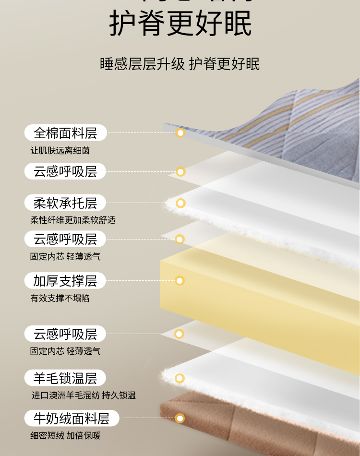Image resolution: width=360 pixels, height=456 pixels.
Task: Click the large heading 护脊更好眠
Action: tap(180, 23)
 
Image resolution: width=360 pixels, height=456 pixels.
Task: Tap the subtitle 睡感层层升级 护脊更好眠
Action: tap(180, 64)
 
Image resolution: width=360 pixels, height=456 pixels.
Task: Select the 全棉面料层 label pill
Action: tap(65, 133)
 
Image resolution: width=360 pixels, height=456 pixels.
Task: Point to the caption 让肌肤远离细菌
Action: tap(60, 151)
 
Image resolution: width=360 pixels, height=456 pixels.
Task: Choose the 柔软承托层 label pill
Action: tap(65, 203)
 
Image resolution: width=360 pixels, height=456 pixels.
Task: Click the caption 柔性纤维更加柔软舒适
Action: tap(73, 220)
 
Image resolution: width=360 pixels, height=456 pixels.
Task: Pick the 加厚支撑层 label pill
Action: tap(65, 281)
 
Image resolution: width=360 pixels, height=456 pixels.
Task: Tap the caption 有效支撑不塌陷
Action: tap(60, 299)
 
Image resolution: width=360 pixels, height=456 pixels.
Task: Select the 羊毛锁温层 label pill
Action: tap(65, 378)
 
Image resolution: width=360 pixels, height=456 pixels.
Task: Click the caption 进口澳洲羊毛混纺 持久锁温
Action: tap(84, 396)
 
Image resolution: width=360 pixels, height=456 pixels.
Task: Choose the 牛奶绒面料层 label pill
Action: tap(72, 419)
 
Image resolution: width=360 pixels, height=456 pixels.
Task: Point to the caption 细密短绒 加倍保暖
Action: tap(65, 436)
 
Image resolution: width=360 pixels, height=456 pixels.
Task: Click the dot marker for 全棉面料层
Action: tap(180, 133)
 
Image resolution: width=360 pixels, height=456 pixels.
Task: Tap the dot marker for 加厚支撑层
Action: tap(180, 281)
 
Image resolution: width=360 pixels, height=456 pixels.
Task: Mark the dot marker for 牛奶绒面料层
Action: tap(180, 419)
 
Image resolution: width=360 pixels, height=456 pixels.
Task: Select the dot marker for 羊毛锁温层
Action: tap(180, 378)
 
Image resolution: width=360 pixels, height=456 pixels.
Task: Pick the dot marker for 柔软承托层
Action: tap(180, 203)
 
